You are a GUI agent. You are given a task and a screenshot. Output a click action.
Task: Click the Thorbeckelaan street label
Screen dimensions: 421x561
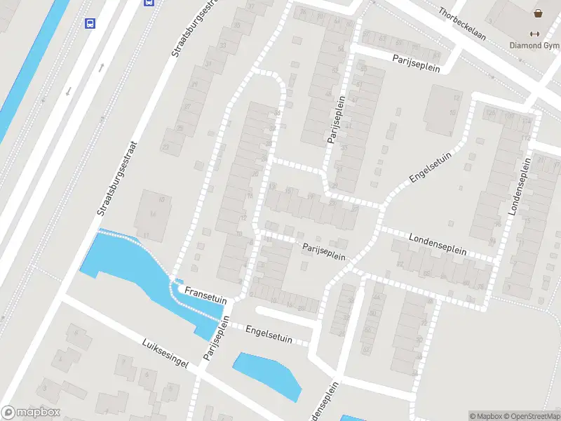click(x=463, y=22)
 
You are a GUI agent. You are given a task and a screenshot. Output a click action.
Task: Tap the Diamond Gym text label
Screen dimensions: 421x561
click(x=535, y=46)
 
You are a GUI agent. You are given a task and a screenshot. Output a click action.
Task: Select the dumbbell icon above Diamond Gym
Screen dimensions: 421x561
click(x=535, y=34)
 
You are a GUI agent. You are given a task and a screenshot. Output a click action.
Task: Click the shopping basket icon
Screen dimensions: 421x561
click(x=538, y=13)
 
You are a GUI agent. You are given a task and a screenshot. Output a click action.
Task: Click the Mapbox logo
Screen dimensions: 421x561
click(x=31, y=413)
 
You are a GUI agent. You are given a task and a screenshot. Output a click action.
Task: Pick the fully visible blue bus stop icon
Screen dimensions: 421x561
click(x=90, y=23)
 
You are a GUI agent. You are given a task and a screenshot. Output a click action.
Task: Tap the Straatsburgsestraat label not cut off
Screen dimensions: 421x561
click(x=119, y=178)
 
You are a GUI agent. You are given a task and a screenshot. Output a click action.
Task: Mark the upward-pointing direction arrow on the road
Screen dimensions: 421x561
click(x=102, y=67)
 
